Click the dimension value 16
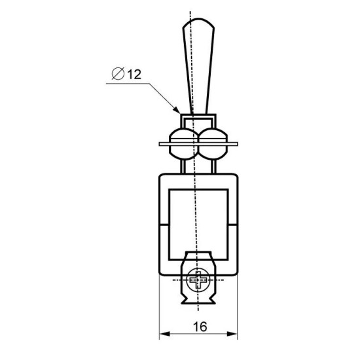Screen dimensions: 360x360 [200, 327]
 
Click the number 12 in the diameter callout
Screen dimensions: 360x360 [134, 75]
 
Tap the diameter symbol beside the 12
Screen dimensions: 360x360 [118, 73]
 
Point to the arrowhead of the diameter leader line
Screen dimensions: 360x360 [177, 110]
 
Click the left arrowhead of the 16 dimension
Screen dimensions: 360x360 [164, 334]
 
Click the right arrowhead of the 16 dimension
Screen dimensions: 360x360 [232, 334]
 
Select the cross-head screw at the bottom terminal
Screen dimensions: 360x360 [198, 280]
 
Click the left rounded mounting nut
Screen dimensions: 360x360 [183, 144]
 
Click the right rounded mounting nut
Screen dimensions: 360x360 [213, 144]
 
